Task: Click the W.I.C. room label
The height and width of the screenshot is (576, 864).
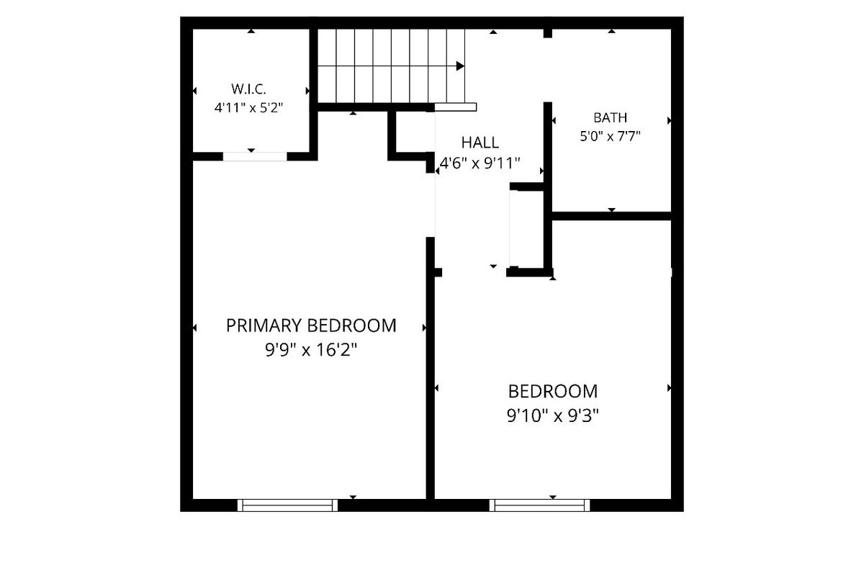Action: [x=249, y=89]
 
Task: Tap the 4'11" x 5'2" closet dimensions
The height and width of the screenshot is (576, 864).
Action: [x=249, y=107]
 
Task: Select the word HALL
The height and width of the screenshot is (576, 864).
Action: [x=480, y=143]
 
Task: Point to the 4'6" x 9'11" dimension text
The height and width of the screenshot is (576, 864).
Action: [x=480, y=163]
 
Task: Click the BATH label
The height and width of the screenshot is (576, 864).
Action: [x=611, y=117]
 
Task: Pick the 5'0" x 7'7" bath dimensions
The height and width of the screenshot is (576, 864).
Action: [x=611, y=136]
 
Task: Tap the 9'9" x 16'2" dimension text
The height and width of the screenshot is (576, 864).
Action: [x=311, y=351]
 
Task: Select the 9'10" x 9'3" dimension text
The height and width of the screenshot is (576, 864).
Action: [x=553, y=416]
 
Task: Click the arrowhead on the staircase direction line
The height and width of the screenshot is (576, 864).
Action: [x=460, y=66]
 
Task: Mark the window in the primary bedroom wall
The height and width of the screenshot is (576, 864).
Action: [x=287, y=505]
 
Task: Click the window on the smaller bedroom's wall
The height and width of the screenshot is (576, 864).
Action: [x=539, y=505]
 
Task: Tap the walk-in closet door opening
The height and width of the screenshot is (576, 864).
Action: [x=255, y=156]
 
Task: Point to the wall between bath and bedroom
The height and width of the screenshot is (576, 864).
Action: [x=612, y=216]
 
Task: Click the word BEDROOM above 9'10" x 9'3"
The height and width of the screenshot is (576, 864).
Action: [x=553, y=392]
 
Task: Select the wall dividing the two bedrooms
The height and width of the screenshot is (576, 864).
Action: [x=430, y=368]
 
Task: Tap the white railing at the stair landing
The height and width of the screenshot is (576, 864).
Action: [x=456, y=107]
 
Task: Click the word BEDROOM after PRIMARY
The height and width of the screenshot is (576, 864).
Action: [x=352, y=325]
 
